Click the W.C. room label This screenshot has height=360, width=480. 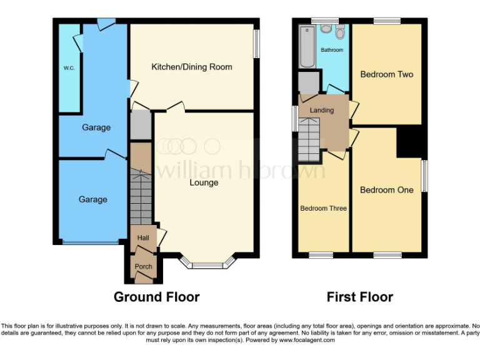(68, 67)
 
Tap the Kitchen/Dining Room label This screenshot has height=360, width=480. (192, 67)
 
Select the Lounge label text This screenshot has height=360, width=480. (204, 182)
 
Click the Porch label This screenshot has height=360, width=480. (143, 266)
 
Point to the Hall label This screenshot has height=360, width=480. (142, 237)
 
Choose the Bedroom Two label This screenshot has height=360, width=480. (387, 74)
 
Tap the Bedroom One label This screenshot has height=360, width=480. (387, 190)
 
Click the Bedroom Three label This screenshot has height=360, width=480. (323, 208)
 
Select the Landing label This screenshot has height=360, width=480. (322, 111)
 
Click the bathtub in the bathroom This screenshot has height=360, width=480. (307, 47)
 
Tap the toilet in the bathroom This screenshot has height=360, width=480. (340, 32)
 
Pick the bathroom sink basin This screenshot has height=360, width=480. (326, 29)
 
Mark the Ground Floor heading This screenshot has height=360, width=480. (156, 297)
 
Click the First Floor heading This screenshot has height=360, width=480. (360, 297)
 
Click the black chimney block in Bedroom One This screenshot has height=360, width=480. (409, 142)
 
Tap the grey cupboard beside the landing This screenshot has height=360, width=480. (308, 82)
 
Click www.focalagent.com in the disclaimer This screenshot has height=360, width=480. (308, 341)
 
